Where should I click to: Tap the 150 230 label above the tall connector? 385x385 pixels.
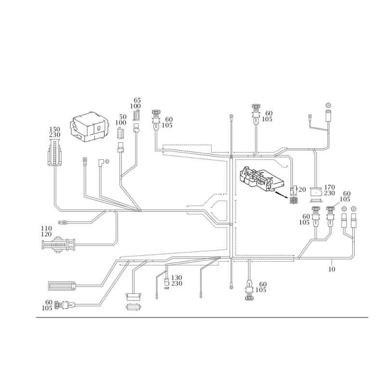click(55, 133)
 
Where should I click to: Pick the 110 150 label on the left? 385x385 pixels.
click(47, 230)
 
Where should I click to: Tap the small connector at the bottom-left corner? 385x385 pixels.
click(64, 305)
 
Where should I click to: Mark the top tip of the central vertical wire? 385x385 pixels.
click(231, 116)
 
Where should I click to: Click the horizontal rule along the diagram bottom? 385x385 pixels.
click(202, 318)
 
